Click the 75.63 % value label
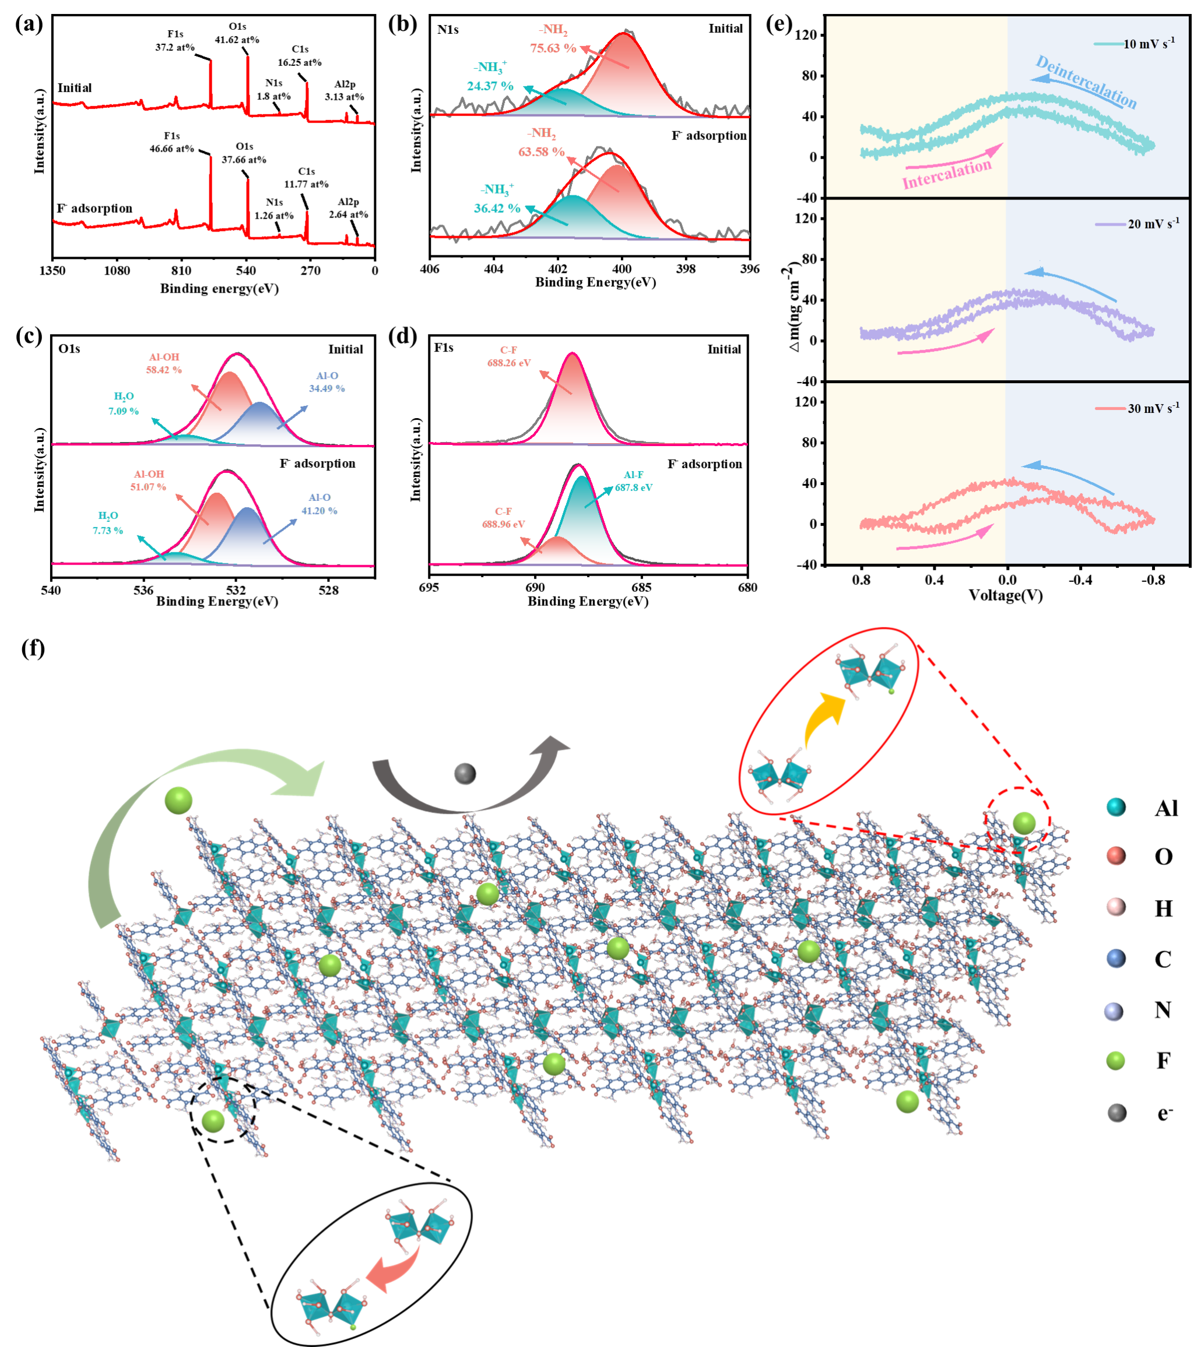pyautogui.click(x=553, y=48)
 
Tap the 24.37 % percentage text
pyautogui.click(x=490, y=86)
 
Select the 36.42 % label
pyautogui.click(x=497, y=208)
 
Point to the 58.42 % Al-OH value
pyautogui.click(x=163, y=370)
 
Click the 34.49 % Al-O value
pyautogui.click(x=327, y=389)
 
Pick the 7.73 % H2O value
pyautogui.click(x=107, y=531)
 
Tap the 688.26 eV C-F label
pyautogui.click(x=510, y=363)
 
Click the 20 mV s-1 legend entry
pyautogui.click(x=1153, y=224)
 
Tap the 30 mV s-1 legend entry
pyautogui.click(x=1153, y=409)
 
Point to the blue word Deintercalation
pyautogui.click(x=1086, y=82)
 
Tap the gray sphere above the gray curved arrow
pyautogui.click(x=465, y=774)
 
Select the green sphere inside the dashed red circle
pyautogui.click(x=1024, y=823)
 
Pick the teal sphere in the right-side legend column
pyautogui.click(x=1116, y=807)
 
